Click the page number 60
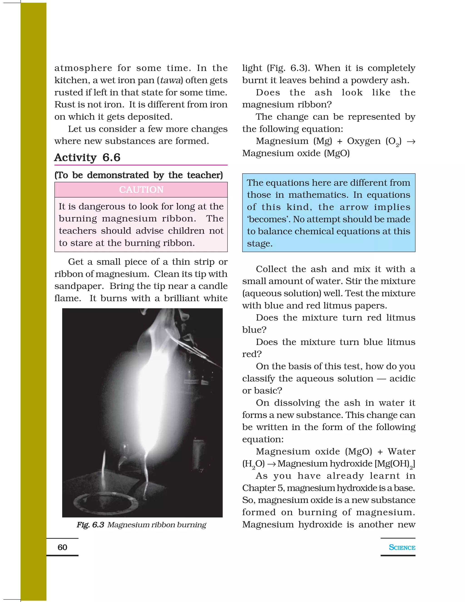[62, 547]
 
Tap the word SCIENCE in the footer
[402, 547]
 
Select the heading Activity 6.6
[87, 157]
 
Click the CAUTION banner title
[141, 190]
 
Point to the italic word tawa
[171, 80]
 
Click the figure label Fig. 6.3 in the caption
[90, 525]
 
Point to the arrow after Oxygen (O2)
[411, 141]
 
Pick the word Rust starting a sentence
[63, 104]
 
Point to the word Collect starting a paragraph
[271, 269]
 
